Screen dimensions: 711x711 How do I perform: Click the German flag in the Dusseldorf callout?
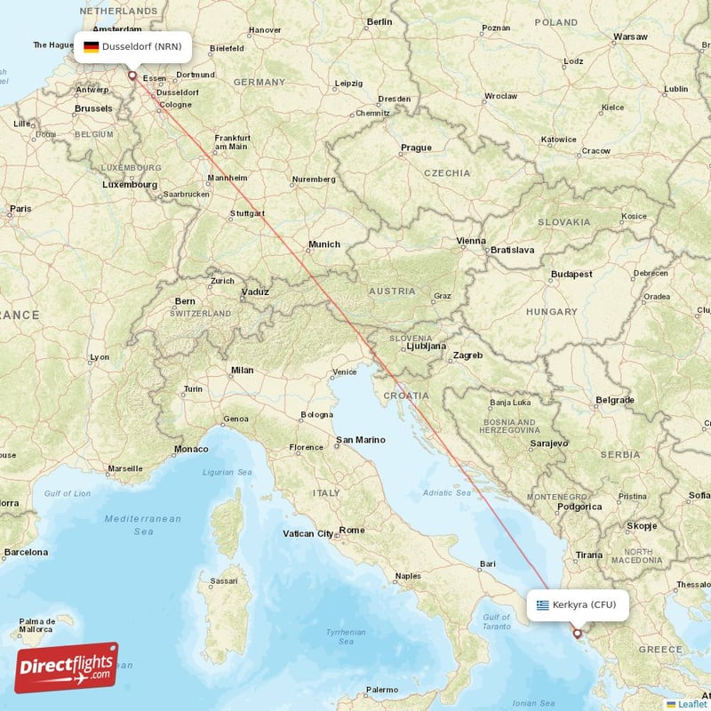(x=91, y=46)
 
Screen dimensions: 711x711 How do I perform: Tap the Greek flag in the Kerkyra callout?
(x=542, y=605)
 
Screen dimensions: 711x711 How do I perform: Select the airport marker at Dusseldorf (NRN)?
(x=132, y=76)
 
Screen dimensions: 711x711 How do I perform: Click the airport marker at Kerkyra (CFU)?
(x=577, y=634)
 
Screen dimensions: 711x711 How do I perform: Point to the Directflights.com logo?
(x=66, y=667)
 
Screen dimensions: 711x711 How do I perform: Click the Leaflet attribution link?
(x=691, y=704)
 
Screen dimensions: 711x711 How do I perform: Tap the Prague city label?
(x=416, y=148)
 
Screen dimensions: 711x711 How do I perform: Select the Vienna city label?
(x=471, y=240)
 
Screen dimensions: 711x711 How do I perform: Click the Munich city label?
(x=324, y=244)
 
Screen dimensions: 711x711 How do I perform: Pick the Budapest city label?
(x=571, y=275)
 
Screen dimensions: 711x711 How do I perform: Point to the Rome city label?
(x=352, y=531)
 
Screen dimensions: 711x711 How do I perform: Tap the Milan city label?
(x=242, y=370)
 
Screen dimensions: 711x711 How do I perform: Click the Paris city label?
(x=20, y=210)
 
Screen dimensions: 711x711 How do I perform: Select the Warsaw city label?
(x=630, y=37)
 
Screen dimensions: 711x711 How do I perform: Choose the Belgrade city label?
(x=615, y=400)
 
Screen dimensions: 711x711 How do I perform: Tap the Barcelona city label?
(x=25, y=552)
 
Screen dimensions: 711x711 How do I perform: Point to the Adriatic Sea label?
(x=447, y=492)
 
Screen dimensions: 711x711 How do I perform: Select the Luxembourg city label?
(x=130, y=185)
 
